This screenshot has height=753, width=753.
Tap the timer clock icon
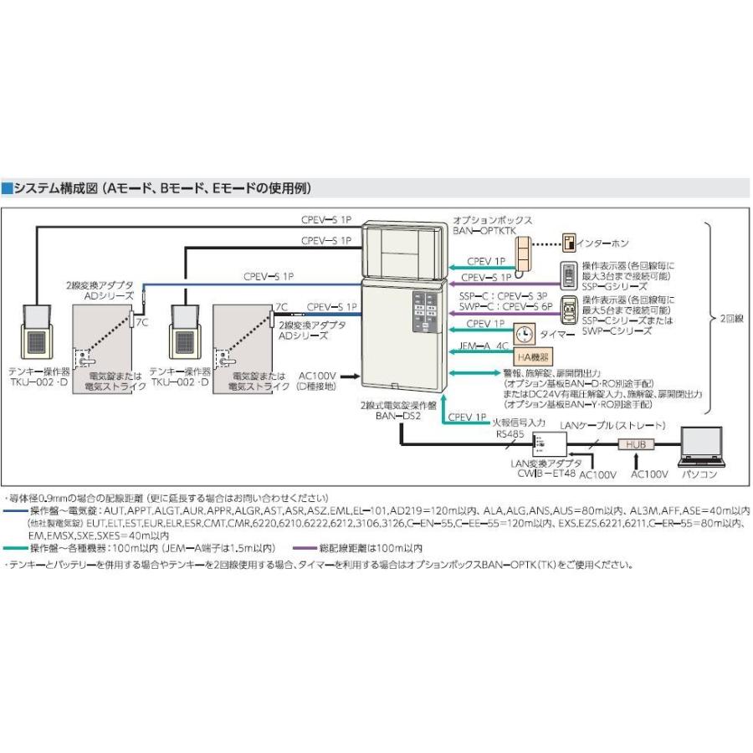click(525, 333)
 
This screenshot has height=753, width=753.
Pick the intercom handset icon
click(523, 253)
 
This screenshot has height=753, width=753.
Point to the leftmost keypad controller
click(38, 331)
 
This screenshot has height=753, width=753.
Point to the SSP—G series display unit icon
click(567, 277)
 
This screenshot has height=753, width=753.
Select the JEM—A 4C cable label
click(484, 345)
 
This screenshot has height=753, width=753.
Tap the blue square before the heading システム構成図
click(8, 187)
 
